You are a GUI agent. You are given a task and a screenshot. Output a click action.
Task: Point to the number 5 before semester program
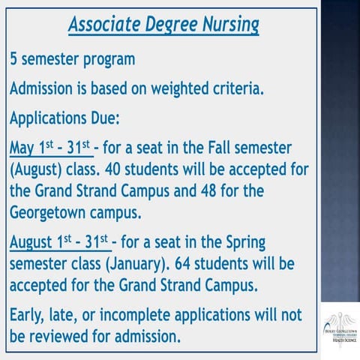click(13, 58)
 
